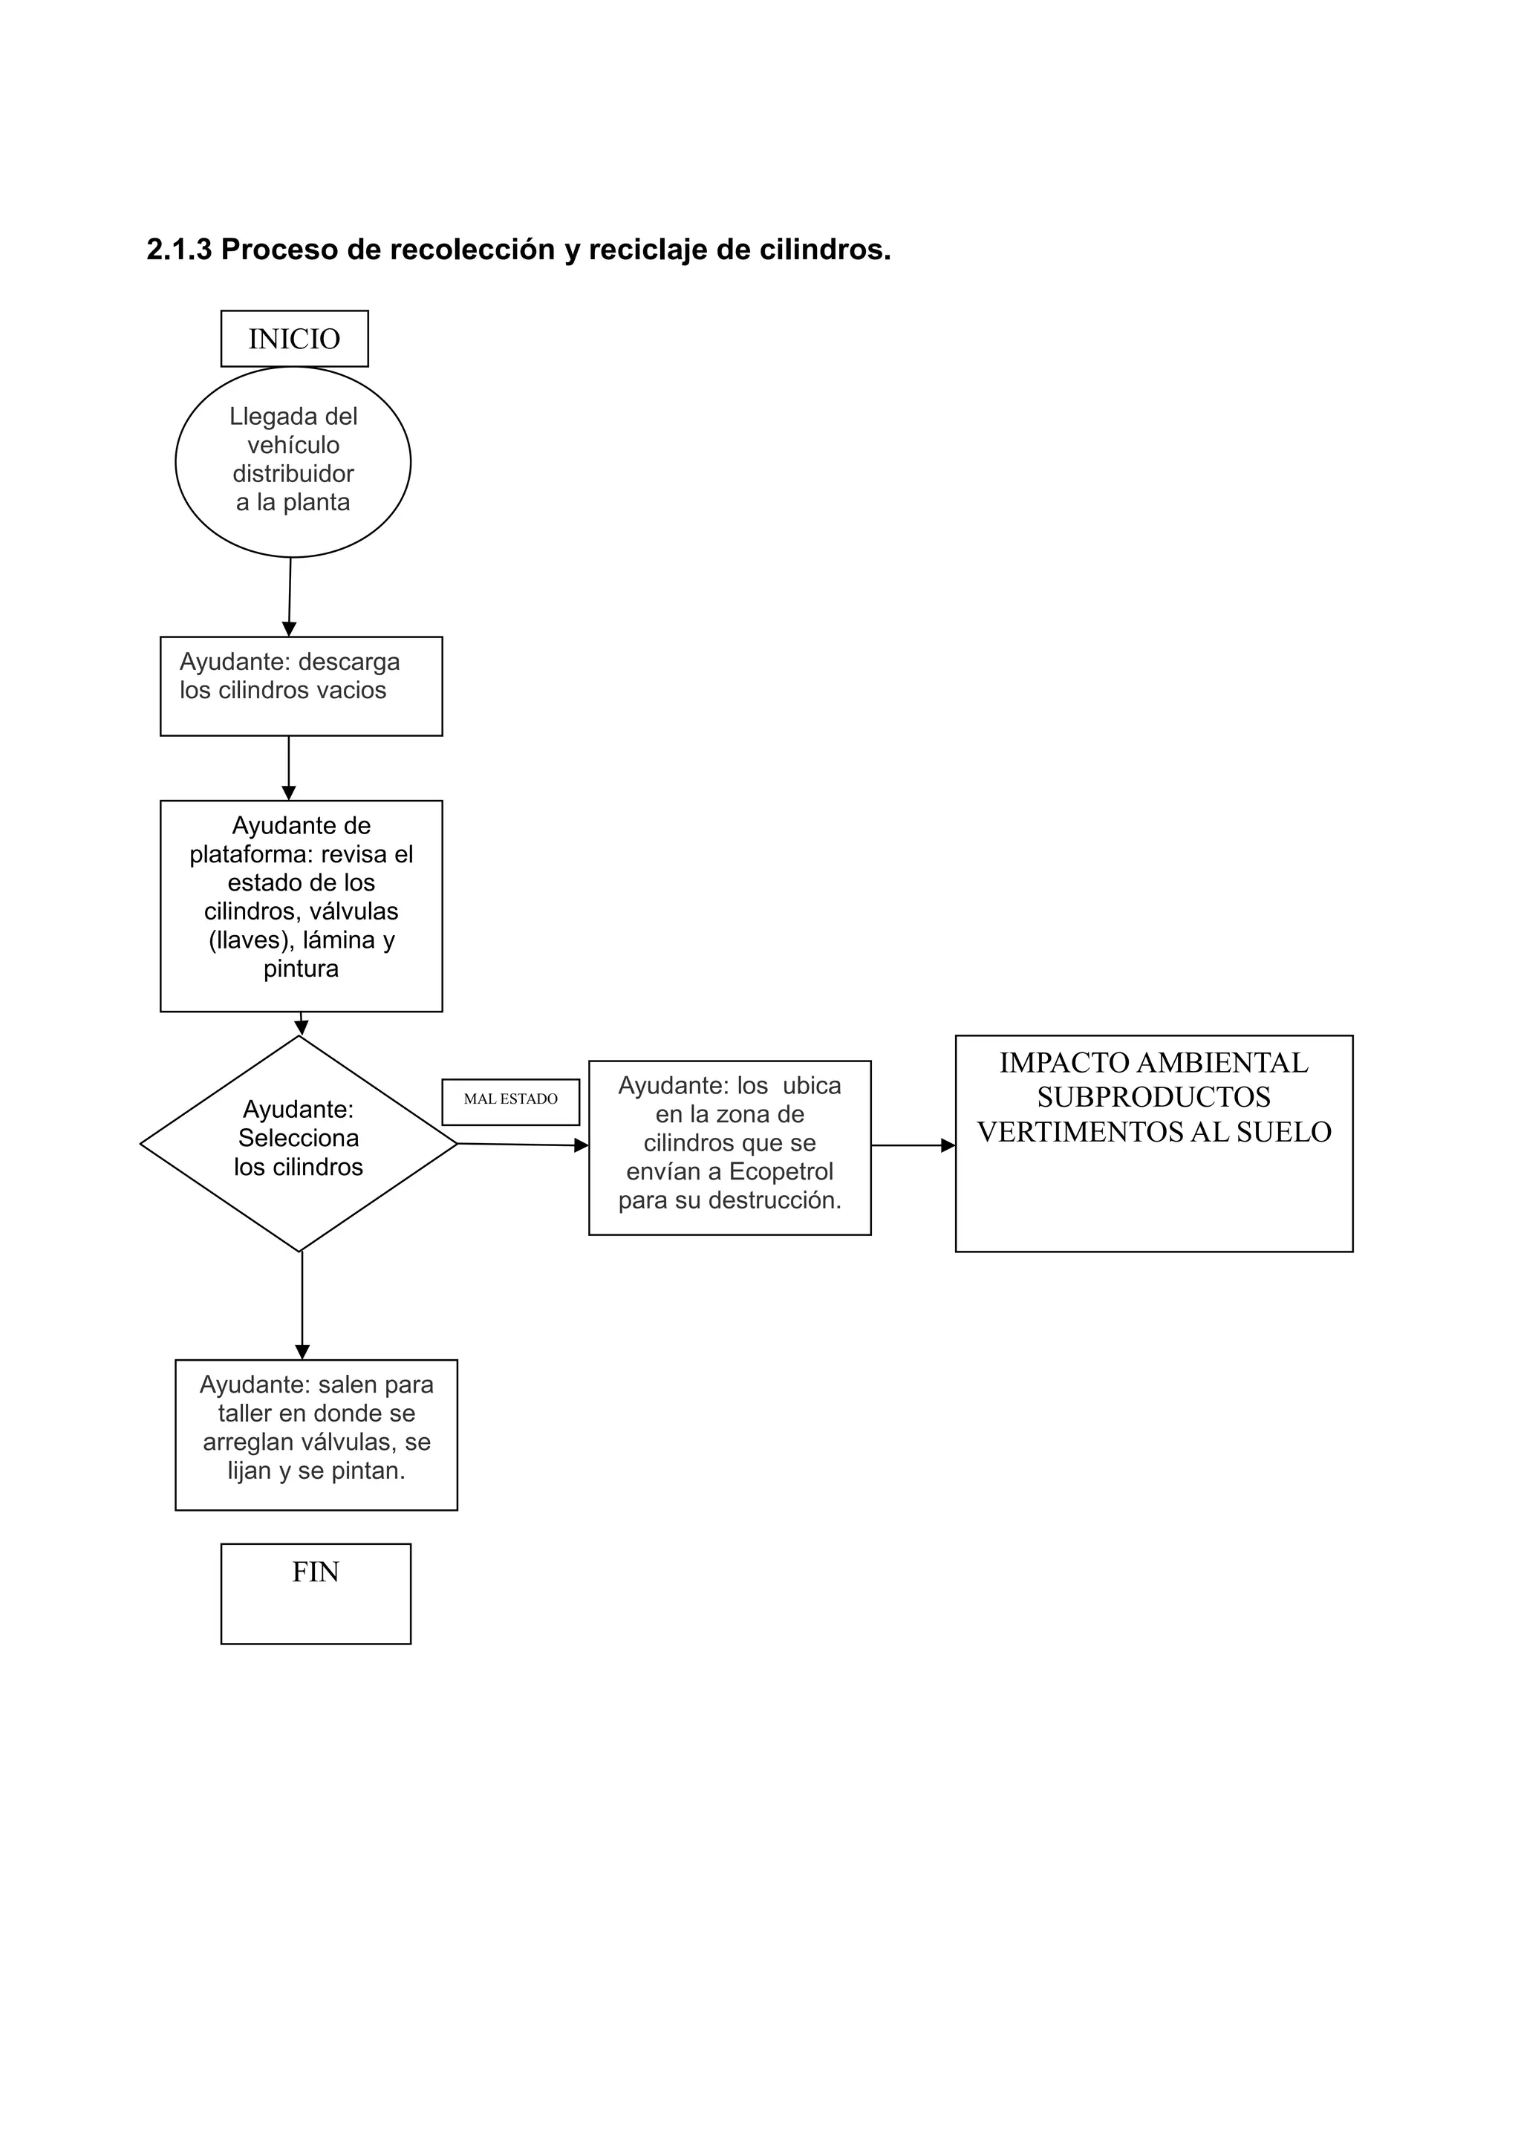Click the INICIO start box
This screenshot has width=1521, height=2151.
point(294,338)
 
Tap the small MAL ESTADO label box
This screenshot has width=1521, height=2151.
point(510,1101)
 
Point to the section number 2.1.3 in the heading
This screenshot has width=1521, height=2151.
point(179,250)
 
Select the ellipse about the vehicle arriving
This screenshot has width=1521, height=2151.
point(293,461)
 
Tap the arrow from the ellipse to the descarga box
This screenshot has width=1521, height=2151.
point(290,596)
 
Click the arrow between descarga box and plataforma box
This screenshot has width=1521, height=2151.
point(288,767)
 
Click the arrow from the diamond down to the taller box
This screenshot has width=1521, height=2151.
point(302,1304)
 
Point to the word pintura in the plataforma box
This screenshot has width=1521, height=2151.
point(301,968)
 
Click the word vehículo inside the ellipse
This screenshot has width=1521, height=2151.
point(293,445)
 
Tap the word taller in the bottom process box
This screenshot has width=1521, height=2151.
point(244,1413)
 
